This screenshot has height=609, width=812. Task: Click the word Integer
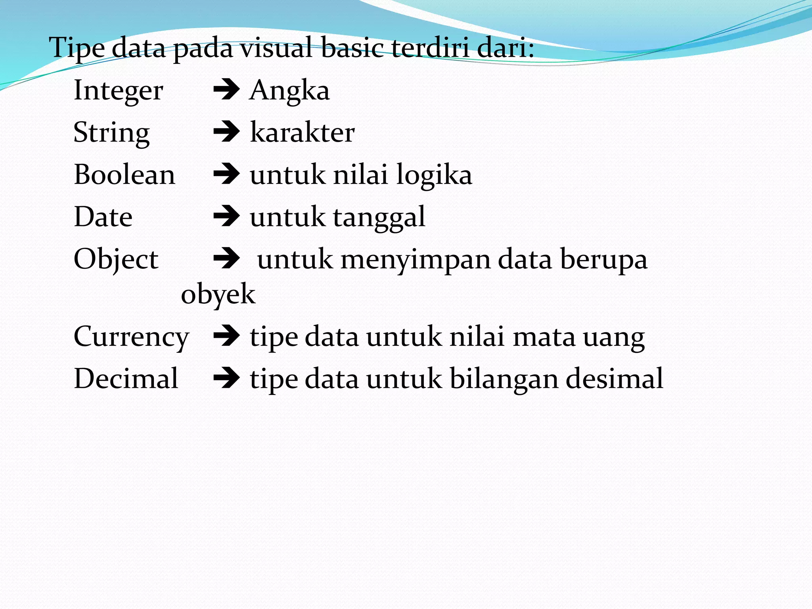click(118, 91)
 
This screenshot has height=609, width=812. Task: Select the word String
click(111, 133)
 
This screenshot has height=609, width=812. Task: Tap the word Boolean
click(124, 175)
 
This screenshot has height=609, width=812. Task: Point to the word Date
click(103, 217)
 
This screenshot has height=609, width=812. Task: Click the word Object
click(116, 259)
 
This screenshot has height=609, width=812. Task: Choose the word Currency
click(131, 337)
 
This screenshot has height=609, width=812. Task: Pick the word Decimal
click(126, 379)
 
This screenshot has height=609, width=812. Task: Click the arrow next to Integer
click(226, 90)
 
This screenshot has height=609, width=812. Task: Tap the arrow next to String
click(226, 132)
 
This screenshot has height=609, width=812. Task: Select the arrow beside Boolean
click(226, 174)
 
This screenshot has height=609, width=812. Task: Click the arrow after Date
click(226, 217)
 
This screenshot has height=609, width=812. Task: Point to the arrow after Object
click(226, 259)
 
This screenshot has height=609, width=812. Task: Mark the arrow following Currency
click(226, 337)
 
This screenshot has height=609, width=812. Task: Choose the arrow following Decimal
click(226, 379)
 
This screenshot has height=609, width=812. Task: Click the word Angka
click(289, 91)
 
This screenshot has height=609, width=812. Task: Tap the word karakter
click(302, 132)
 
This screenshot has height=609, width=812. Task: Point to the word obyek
click(218, 294)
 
